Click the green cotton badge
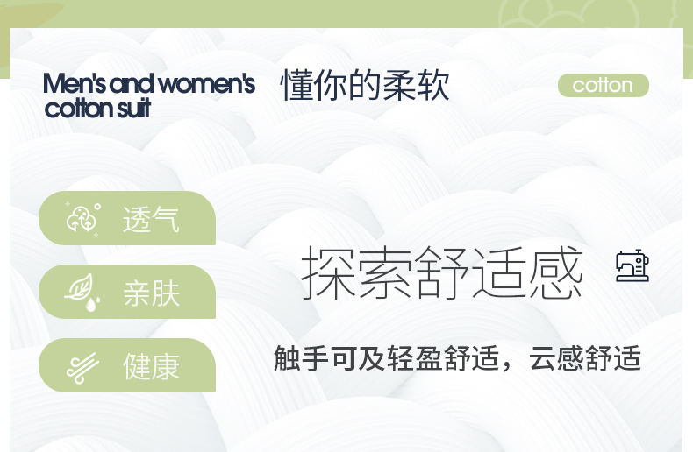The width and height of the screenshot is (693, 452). (604, 85)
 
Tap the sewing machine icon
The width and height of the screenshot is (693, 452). (632, 265)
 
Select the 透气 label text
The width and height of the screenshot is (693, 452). (151, 219)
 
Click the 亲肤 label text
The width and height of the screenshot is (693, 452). (151, 293)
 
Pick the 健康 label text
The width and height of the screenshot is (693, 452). (151, 366)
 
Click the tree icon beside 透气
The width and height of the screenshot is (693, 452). (83, 218)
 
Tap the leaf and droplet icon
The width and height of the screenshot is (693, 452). (82, 293)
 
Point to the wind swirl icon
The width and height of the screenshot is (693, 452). (82, 368)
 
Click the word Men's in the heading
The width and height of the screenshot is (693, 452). (75, 83)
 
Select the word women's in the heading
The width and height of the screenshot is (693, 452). (207, 83)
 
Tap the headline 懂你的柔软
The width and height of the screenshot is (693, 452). (365, 85)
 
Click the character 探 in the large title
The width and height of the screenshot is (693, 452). (328, 272)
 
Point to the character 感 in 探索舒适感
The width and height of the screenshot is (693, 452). (556, 272)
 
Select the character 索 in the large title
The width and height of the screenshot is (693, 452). (385, 272)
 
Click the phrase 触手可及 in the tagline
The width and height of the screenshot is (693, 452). (330, 358)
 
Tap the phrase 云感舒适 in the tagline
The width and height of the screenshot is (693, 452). (585, 358)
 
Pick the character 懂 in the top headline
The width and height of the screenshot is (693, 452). (297, 85)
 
